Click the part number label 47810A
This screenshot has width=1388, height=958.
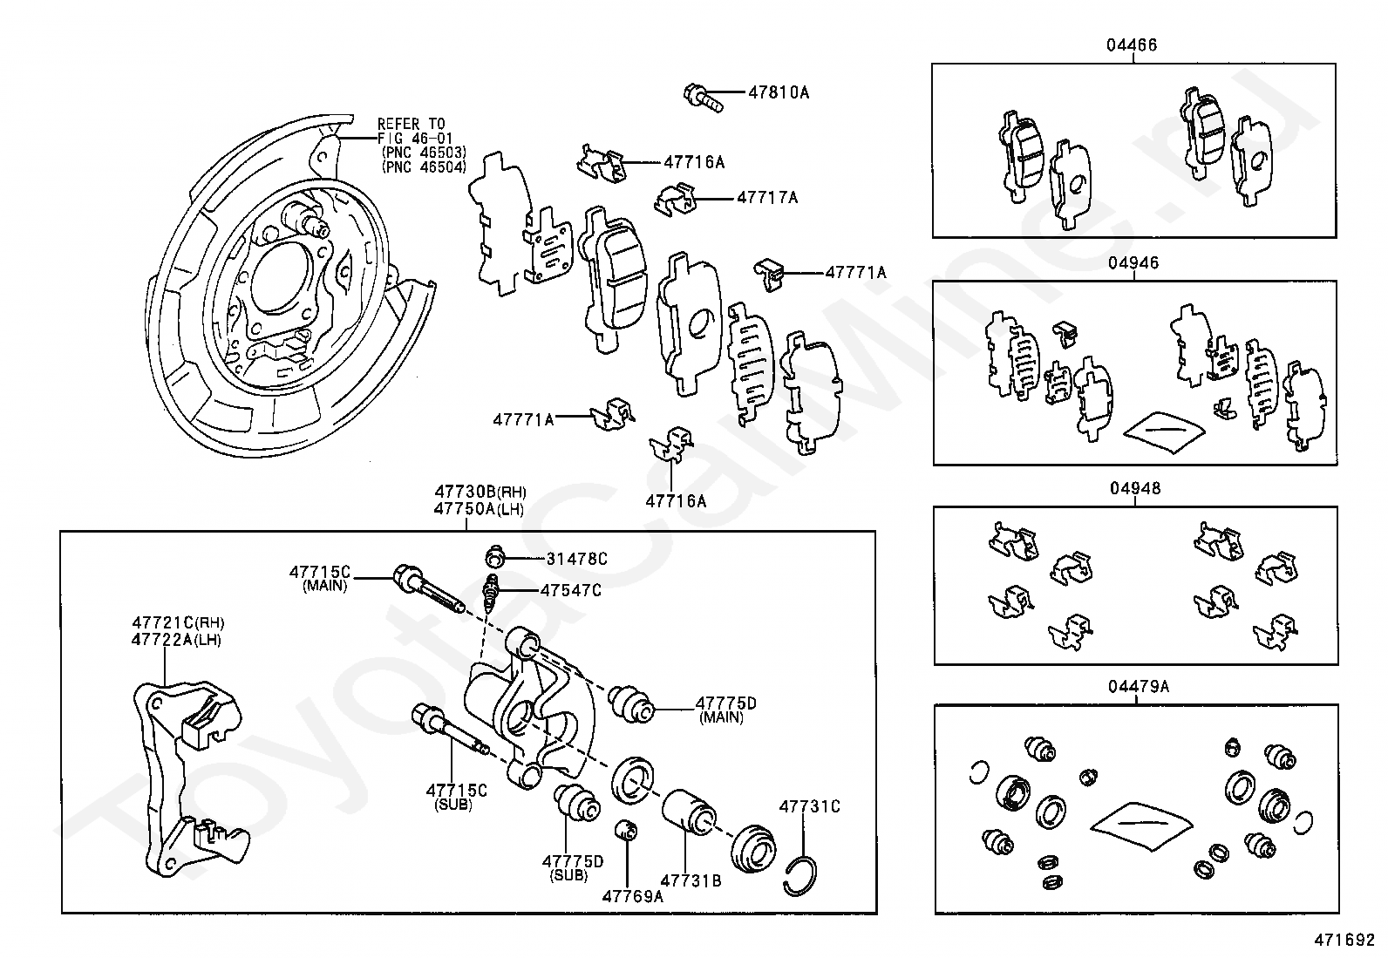pyautogui.click(x=779, y=93)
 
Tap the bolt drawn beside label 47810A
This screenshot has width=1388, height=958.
pyautogui.click(x=704, y=99)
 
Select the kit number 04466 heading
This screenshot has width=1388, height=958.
pyautogui.click(x=1132, y=45)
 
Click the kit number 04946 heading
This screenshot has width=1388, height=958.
pyautogui.click(x=1133, y=262)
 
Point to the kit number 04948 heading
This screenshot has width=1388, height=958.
pyautogui.click(x=1135, y=488)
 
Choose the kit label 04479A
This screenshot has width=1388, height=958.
pyautogui.click(x=1139, y=687)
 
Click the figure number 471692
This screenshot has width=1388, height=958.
pyautogui.click(x=1344, y=940)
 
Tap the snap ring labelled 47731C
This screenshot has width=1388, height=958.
pyautogui.click(x=800, y=875)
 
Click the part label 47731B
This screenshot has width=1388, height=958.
pyautogui.click(x=691, y=880)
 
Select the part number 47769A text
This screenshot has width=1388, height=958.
pyautogui.click(x=633, y=897)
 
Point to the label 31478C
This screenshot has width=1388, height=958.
pyautogui.click(x=576, y=559)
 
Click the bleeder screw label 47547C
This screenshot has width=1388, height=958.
pyautogui.click(x=571, y=590)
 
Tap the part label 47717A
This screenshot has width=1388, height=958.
pyautogui.click(x=768, y=198)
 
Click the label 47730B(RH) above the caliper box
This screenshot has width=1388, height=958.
pyautogui.click(x=480, y=492)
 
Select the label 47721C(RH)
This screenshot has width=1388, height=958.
pyautogui.click(x=178, y=622)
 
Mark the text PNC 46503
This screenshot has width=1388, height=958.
pyautogui.click(x=424, y=153)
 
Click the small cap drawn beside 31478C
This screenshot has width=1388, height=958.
pyautogui.click(x=494, y=556)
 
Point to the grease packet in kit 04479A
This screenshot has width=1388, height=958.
pyautogui.click(x=1141, y=826)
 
